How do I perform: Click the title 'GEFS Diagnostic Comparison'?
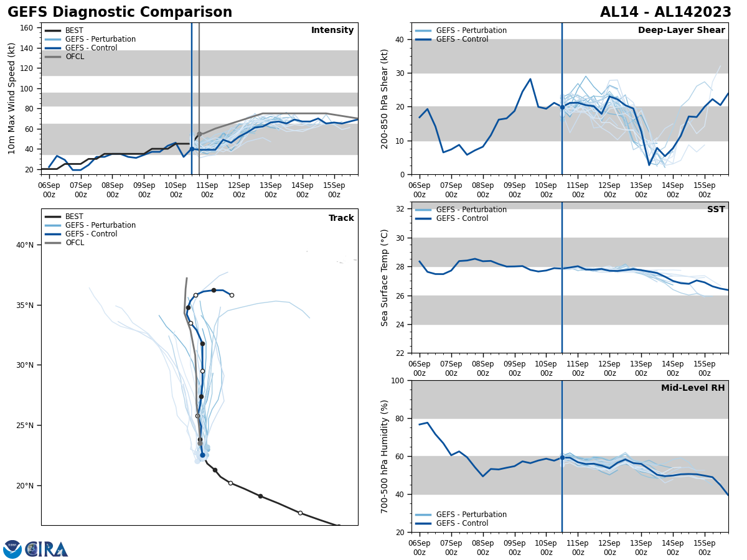120,12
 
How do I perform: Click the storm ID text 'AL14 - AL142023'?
665,12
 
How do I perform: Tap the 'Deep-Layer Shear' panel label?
681,30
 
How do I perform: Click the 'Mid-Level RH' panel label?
693,388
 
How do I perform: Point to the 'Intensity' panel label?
332,30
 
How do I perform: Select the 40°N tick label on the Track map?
25,245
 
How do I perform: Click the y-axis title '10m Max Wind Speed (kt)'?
12,98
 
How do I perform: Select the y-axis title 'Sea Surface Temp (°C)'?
385,278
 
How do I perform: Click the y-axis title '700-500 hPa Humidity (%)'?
385,456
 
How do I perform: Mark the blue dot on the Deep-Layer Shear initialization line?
562,107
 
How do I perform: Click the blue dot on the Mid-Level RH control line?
562,458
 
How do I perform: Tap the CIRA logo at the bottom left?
47,549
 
